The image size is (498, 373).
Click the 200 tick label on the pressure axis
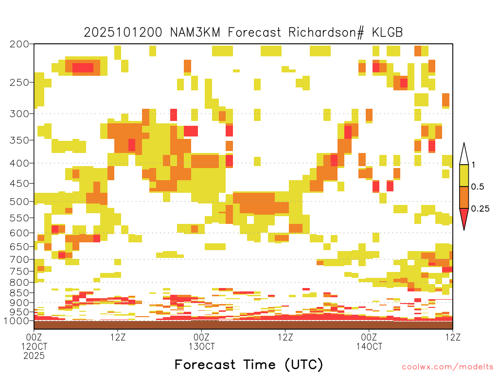19,44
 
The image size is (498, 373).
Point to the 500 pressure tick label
19,202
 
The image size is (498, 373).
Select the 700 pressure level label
19,260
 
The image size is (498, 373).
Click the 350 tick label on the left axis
19,140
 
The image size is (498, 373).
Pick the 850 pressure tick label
19,293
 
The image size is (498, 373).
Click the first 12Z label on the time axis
118,337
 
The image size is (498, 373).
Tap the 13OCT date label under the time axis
202,346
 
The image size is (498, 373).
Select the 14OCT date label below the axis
369,346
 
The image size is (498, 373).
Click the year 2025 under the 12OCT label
34,356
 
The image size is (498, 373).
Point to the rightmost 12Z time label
453,337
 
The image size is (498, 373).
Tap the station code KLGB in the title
387,33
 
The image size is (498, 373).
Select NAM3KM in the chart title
195,33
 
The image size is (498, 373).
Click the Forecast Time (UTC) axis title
249,365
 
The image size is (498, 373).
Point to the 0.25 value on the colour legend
480,209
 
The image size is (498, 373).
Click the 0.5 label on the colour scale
478,187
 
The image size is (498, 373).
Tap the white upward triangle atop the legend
464,155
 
